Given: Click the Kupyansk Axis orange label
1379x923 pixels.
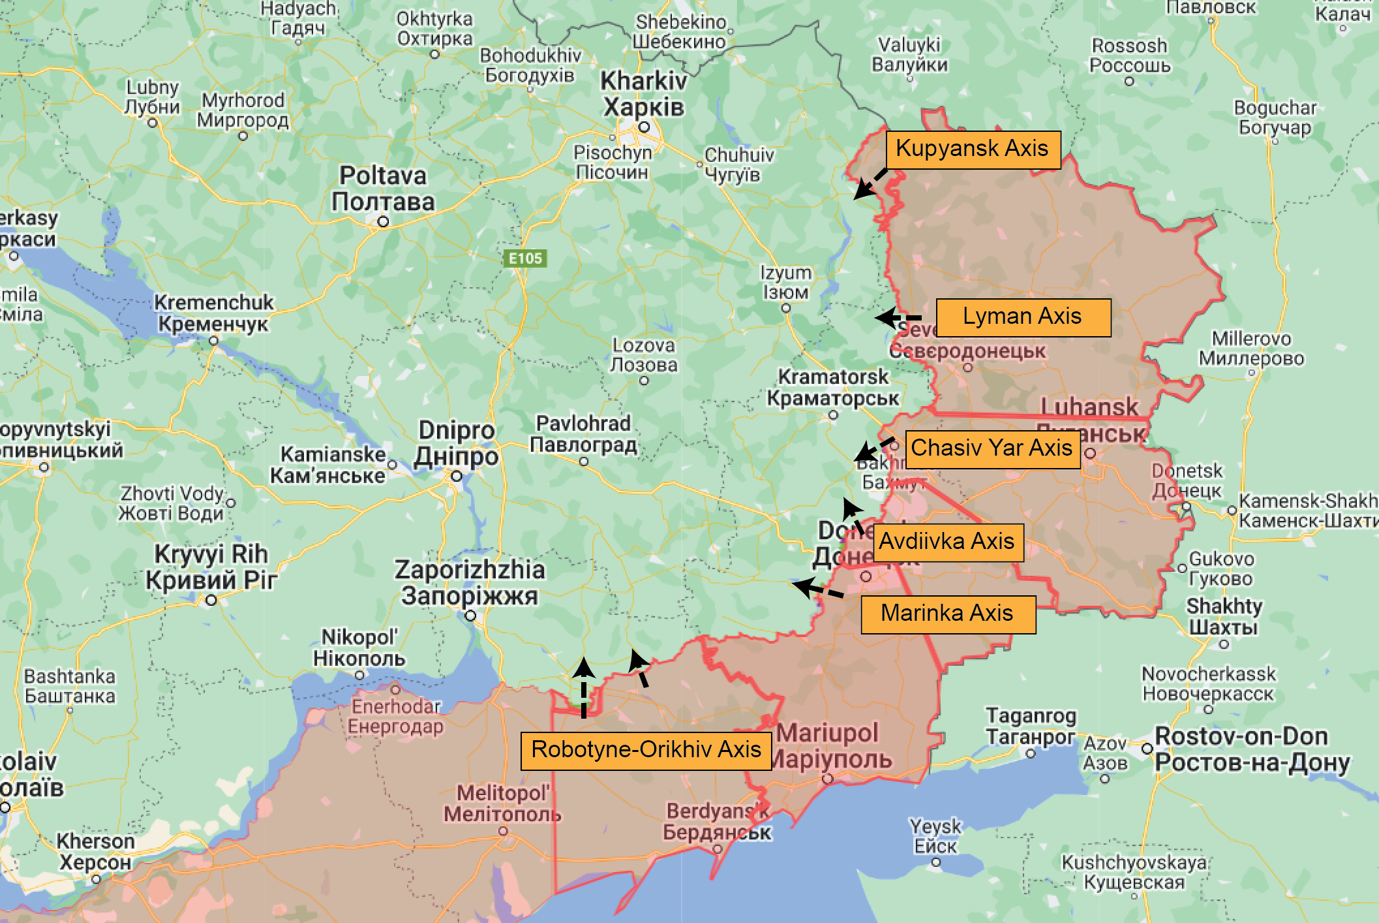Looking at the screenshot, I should (x=972, y=149).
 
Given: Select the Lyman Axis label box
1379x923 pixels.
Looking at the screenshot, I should (x=1022, y=317).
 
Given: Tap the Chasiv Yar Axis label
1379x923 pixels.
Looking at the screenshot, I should (x=992, y=448).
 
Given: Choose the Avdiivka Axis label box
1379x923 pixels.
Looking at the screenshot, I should (x=947, y=542).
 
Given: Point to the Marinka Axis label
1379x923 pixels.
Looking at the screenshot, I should (x=947, y=614).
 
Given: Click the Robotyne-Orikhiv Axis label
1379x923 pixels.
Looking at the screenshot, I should (x=646, y=750).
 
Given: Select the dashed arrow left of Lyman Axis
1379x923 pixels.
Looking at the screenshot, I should (x=897, y=318).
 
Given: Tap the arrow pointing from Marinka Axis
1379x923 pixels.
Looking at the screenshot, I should (x=817, y=589).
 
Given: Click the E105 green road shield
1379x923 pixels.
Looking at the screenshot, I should (x=526, y=258).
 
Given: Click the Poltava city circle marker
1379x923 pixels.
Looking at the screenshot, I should (x=383, y=222).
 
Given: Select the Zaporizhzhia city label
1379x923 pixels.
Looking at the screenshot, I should (x=470, y=582).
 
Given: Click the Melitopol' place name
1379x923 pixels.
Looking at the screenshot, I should (x=502, y=804).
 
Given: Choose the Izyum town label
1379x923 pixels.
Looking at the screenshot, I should (x=786, y=282).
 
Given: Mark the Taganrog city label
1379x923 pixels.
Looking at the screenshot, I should (x=1031, y=726).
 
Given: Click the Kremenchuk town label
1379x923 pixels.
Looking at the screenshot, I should (x=213, y=313).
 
